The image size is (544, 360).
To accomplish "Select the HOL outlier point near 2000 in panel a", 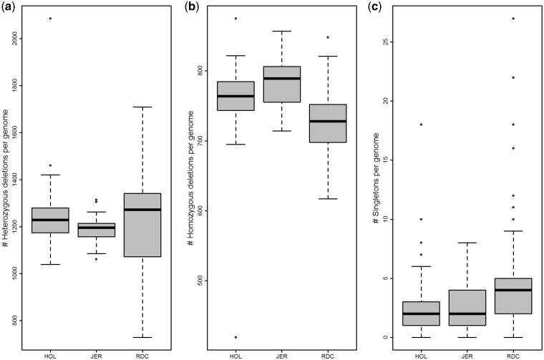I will pos(51,18).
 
